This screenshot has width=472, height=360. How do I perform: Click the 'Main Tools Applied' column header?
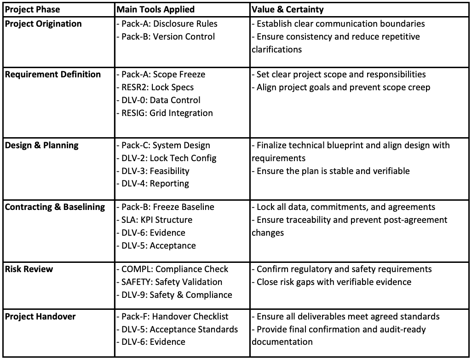pos(155,9)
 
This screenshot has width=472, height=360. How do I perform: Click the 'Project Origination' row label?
pos(43,24)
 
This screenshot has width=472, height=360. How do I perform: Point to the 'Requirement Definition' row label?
pos(53,75)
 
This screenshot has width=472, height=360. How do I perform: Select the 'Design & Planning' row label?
pos(42,145)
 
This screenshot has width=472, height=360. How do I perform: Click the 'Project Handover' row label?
pos(40,317)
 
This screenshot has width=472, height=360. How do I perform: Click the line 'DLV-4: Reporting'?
pos(152,184)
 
